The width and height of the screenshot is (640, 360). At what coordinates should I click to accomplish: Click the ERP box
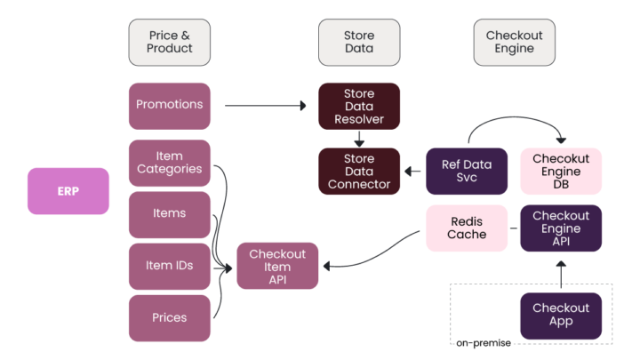(68, 191)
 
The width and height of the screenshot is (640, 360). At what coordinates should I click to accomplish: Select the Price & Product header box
(170, 42)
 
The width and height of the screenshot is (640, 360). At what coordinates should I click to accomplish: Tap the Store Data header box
(359, 42)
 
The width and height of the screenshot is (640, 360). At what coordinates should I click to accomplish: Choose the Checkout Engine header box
(514, 42)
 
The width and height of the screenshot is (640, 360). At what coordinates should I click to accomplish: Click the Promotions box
(170, 105)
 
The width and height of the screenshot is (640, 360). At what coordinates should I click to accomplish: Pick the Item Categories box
(170, 163)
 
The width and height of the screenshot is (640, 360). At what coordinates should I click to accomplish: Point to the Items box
(170, 213)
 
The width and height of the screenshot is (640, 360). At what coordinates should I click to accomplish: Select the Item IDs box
(170, 265)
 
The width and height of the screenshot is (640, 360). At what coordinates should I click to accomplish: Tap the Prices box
(170, 317)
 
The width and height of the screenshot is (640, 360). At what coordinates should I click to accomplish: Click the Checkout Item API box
(277, 265)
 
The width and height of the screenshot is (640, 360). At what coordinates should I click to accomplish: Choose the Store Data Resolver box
(359, 105)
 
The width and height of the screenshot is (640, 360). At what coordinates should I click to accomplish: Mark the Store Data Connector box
(359, 172)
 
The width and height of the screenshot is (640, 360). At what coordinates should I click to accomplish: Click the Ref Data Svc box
(467, 172)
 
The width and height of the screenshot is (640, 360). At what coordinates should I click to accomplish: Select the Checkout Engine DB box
(561, 172)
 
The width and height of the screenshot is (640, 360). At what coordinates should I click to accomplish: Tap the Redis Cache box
(467, 228)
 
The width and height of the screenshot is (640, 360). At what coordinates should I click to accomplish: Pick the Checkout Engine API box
(561, 228)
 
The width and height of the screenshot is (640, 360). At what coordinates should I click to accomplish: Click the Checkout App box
(561, 315)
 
